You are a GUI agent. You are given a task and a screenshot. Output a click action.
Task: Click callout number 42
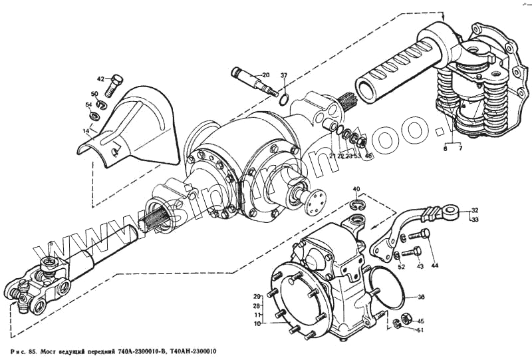[x=100, y=79]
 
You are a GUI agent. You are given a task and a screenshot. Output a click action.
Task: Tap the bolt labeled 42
[x=115, y=84]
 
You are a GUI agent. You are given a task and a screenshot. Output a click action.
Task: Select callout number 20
[x=265, y=75]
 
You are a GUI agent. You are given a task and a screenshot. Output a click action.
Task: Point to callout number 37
[x=283, y=75]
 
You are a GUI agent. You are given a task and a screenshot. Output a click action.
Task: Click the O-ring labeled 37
[x=283, y=100]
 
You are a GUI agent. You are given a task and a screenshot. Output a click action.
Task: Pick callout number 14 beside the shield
[x=86, y=132]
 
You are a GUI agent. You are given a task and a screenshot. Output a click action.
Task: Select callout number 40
[x=356, y=190]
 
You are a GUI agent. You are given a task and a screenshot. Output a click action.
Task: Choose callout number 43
[x=420, y=267]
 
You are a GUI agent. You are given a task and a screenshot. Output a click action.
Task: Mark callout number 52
[x=401, y=267]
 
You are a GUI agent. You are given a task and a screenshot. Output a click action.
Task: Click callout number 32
[x=474, y=210]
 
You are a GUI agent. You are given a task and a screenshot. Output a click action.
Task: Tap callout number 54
[x=88, y=105]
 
